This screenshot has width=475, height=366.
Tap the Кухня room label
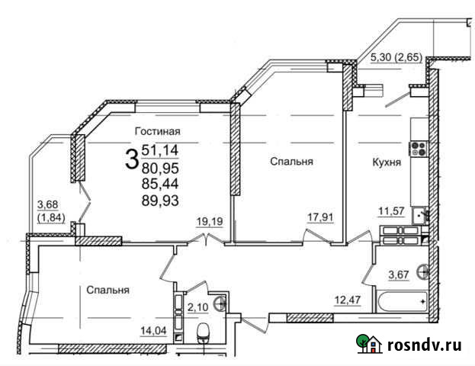pos(387,162)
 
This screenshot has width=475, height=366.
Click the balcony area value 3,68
pos(48,203)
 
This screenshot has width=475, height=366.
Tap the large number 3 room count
pos(132,159)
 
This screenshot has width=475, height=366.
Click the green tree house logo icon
pos(370,344)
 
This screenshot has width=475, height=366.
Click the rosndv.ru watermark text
pos(424,345)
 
